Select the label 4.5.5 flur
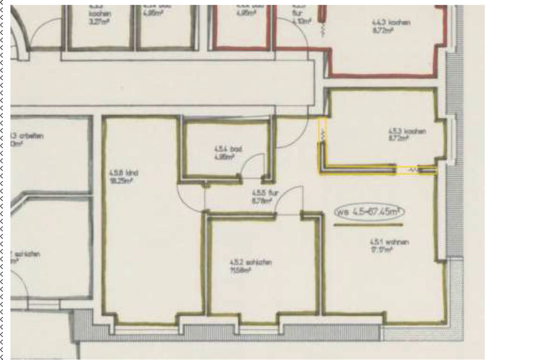[x=265, y=193]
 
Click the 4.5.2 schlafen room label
[x=251, y=262]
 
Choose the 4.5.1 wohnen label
[x=389, y=242]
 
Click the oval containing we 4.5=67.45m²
[x=369, y=212]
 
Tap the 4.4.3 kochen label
[x=391, y=23]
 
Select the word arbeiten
[x=31, y=136]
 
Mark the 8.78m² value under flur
[x=262, y=201]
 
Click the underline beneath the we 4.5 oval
[x=368, y=225]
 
